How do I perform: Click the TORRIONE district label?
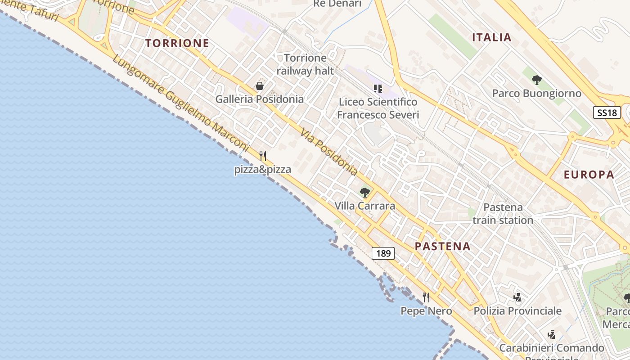coord(177,43)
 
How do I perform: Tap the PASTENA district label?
coord(442,246)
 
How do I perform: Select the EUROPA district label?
coord(589,175)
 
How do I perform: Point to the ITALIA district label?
coord(491,37)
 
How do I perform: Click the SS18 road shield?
coord(607,112)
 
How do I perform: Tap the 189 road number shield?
coord(383,253)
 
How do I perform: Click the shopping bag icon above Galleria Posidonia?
coord(260,85)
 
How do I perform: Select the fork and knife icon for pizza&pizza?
coord(263,156)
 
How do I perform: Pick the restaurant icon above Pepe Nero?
coord(426,297)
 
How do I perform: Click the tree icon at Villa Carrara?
coord(365,193)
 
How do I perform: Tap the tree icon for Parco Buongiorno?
coord(536,80)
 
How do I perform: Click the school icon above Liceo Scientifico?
coord(378,88)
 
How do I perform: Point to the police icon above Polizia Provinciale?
coord(517,297)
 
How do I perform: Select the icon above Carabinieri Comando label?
coord(551,334)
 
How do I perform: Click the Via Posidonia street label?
coord(329,153)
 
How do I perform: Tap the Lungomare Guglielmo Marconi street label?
coord(180,103)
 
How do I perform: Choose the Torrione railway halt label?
coord(305,64)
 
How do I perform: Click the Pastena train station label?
coord(503,214)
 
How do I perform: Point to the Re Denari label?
coord(337,4)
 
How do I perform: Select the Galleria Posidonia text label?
coord(259,99)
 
